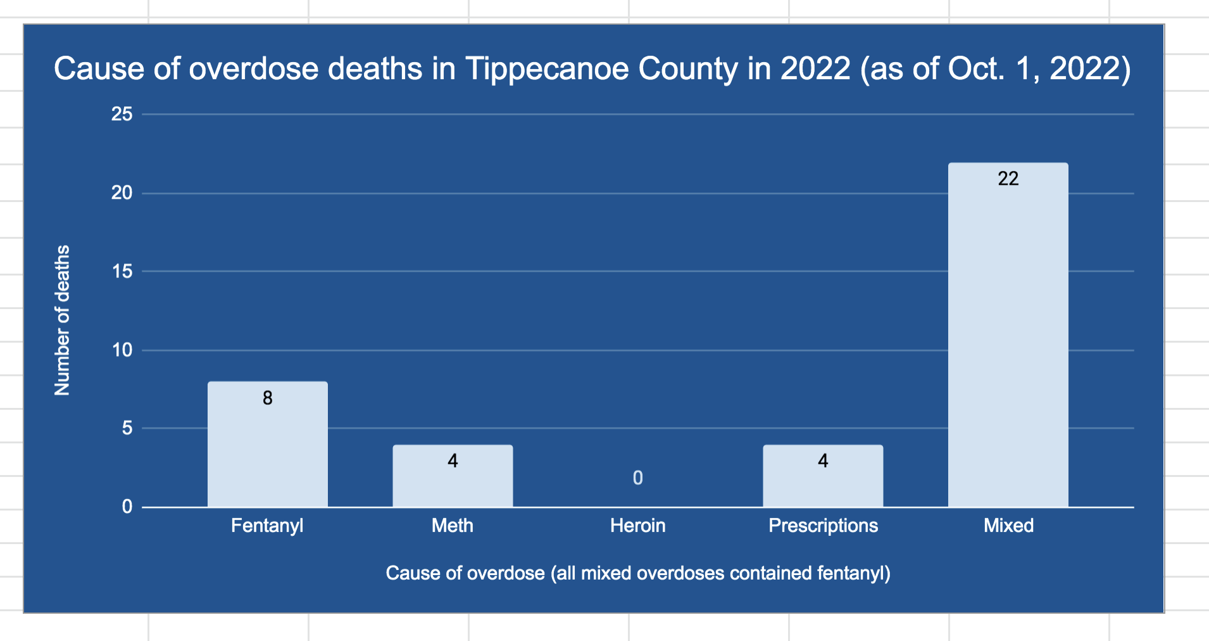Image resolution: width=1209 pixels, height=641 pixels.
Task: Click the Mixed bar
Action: click(1008, 342)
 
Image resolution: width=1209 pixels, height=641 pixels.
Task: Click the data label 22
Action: click(1008, 179)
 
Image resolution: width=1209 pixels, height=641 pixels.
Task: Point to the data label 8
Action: click(267, 398)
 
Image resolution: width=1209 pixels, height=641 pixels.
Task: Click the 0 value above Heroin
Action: click(637, 478)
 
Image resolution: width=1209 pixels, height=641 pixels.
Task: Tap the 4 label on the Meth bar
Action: click(453, 460)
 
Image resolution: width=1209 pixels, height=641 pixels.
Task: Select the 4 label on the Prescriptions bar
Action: click(822, 460)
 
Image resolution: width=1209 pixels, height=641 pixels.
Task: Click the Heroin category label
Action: click(637, 525)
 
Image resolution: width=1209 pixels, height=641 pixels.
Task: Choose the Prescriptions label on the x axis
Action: click(822, 525)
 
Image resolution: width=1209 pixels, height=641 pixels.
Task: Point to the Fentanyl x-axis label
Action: click(267, 525)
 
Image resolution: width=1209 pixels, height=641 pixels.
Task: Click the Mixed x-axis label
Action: click(1008, 525)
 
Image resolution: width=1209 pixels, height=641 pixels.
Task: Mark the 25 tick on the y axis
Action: click(122, 114)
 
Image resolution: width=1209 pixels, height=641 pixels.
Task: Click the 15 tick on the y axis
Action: click(122, 271)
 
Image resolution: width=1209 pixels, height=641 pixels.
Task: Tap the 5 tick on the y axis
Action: click(127, 428)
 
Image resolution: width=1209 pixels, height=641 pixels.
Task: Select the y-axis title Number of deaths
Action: click(62, 320)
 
